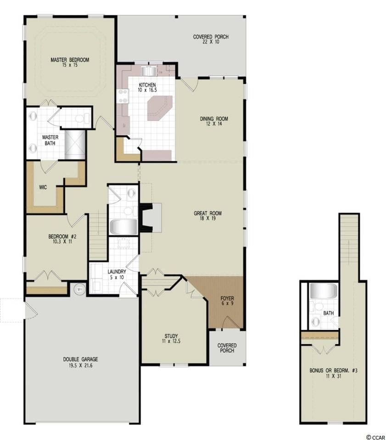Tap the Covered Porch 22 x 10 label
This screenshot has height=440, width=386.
(x=211, y=39)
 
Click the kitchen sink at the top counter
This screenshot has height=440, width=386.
(x=149, y=71)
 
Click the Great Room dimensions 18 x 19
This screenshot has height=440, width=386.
(x=207, y=219)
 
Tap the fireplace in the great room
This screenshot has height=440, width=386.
(x=151, y=218)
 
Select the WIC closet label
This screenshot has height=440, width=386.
(x=43, y=187)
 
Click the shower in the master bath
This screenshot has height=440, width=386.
(x=75, y=144)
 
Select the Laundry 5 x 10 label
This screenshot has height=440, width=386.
(x=117, y=275)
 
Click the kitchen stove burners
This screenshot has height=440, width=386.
(x=123, y=96)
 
